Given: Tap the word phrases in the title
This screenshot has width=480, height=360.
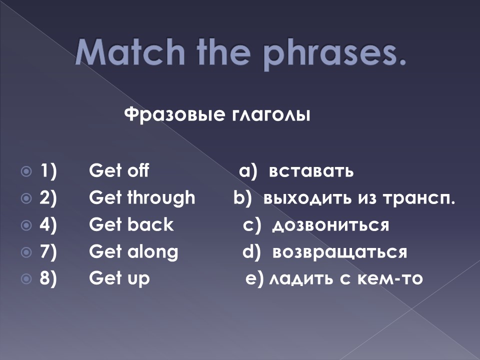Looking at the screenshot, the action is pos(334,53).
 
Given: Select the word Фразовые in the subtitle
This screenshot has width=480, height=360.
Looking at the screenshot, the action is pos(174,115).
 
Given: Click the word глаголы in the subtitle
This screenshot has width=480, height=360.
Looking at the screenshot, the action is pos(270,115).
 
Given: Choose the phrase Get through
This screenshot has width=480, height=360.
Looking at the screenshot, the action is pos(142,198).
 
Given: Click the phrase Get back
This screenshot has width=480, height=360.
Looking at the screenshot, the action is pos(131,224).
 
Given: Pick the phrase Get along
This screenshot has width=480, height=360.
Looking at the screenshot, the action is pos(133,252).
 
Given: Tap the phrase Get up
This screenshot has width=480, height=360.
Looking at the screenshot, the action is pos(119,278).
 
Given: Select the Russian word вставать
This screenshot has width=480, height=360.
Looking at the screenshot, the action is pos(311,171).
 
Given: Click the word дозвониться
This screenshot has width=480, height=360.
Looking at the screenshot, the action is pos(330,225).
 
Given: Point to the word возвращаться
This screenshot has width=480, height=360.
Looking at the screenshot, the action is pos(339,252).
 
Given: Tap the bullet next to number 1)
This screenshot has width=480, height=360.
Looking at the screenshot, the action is pos(26,171).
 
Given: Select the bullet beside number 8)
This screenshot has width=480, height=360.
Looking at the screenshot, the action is pos(26,279).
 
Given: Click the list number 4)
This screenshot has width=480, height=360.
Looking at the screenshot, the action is pos(48,225).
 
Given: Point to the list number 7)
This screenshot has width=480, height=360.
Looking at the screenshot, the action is pos(48,252).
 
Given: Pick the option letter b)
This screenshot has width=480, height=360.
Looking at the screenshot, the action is pos(242,198).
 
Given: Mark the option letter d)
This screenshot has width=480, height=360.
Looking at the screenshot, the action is pos(251,252).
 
